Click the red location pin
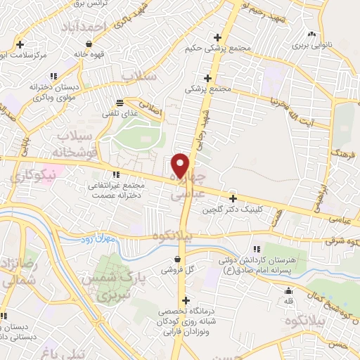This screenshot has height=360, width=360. pos(181,165)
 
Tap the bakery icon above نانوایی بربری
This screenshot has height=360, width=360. pos(310,33)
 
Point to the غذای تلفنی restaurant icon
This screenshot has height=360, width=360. pos(120,102)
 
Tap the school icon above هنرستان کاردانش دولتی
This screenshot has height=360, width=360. pos(257,249)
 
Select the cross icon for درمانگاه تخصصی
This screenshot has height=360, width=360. pos(186,302)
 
